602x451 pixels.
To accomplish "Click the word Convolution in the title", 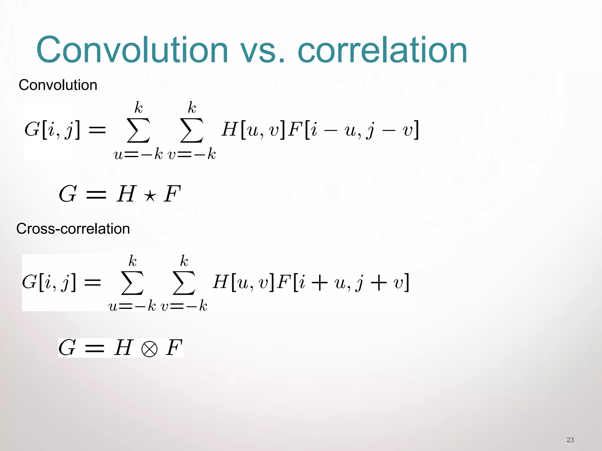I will point(132,50).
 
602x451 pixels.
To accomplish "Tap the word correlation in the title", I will point(382,50).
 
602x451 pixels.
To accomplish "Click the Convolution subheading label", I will point(58,85).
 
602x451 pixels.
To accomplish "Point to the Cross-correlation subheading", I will point(73,229).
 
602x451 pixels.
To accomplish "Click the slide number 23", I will point(570,440).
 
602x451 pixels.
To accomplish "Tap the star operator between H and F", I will point(150,195).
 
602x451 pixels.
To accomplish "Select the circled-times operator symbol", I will point(149,349).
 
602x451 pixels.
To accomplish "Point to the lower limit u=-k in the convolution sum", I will point(138,154).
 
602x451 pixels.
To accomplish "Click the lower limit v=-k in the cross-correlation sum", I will point(184,306).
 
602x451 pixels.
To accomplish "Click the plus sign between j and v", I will point(379,283).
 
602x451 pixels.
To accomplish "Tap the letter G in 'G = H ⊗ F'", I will point(67,348).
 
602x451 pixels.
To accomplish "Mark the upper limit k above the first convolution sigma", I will point(138,108).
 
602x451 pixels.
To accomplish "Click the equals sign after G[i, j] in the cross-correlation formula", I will point(93,283).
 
